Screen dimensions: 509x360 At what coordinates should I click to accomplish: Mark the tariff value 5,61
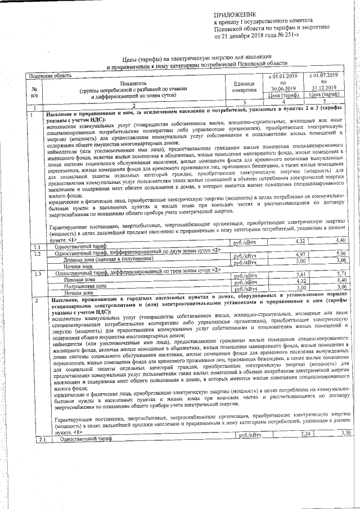tap(300, 273)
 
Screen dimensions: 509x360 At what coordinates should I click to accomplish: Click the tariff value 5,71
tap(341, 273)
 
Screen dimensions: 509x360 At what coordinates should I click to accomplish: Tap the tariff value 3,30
tap(345, 433)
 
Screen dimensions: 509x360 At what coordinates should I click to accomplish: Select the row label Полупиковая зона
tap(85, 286)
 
